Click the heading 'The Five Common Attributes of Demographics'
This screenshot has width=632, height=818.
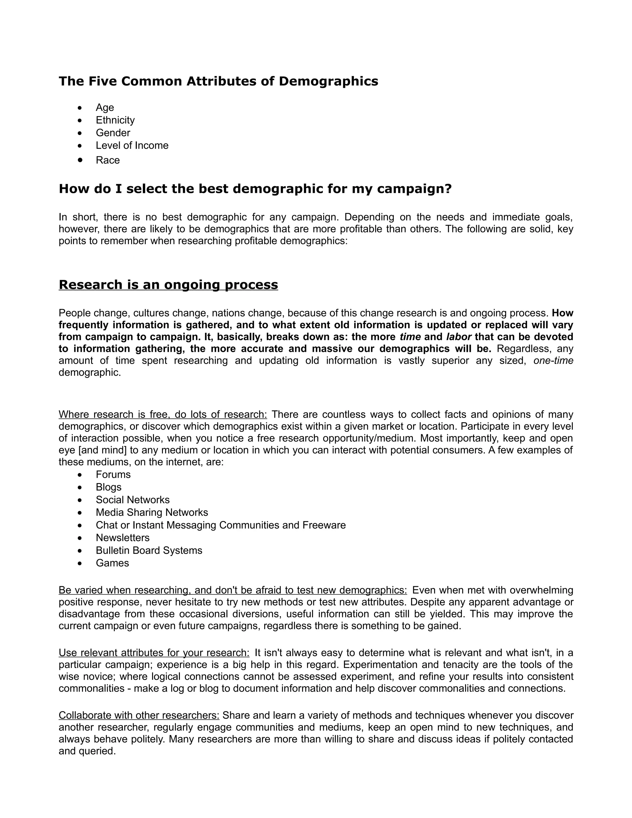[218, 81]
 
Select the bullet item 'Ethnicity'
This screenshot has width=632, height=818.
[115, 120]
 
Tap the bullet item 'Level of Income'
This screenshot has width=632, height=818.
[132, 145]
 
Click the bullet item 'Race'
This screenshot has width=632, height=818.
[108, 160]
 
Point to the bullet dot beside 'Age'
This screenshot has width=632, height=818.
[80, 108]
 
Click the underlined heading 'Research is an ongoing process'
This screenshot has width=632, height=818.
[168, 285]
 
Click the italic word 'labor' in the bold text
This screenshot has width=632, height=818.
[458, 337]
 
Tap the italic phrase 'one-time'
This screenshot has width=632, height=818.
[553, 361]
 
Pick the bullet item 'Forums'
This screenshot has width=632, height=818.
[113, 474]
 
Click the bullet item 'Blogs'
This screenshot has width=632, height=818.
[109, 487]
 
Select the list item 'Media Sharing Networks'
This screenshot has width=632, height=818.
[152, 512]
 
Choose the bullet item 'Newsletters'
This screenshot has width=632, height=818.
[123, 538]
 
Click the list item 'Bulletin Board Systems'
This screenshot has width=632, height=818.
[149, 551]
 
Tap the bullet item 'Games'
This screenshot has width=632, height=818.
[112, 563]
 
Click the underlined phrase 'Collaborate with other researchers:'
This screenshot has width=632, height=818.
[139, 716]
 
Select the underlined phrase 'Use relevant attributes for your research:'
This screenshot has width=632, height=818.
[154, 653]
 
